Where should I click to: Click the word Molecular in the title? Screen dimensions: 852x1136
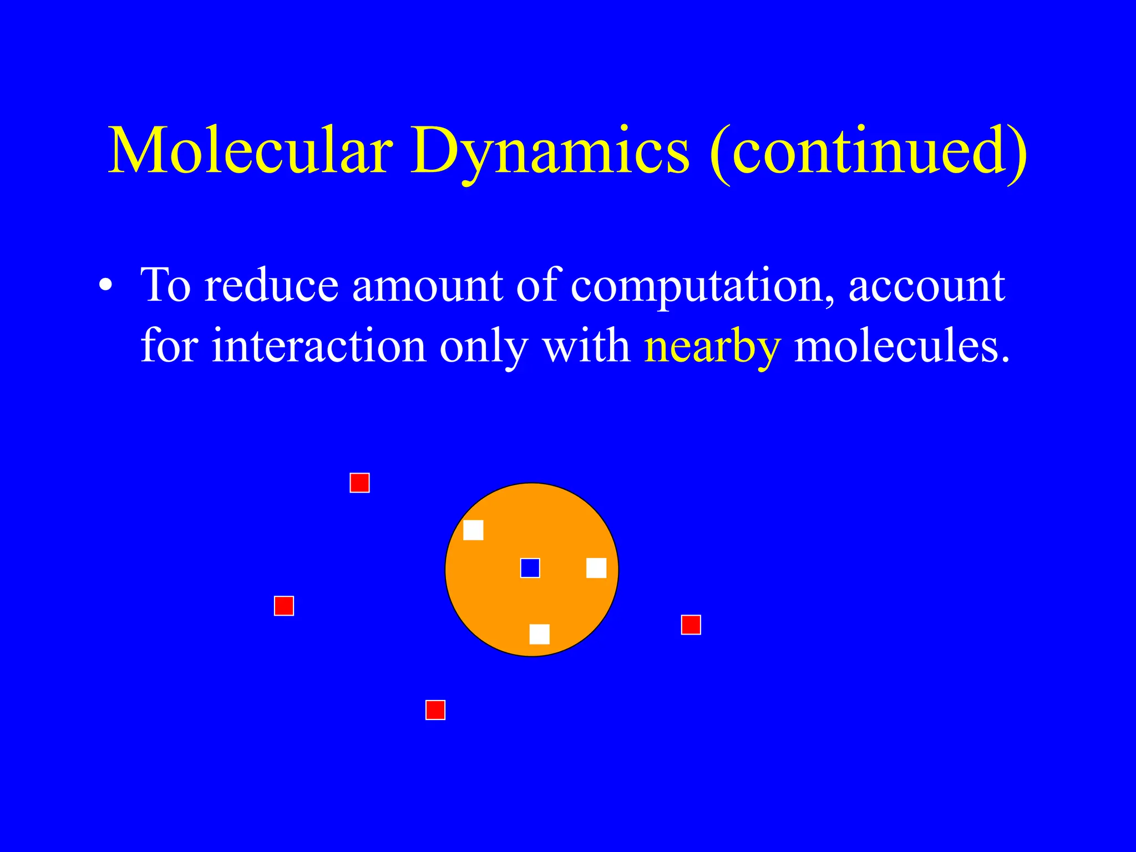(251, 151)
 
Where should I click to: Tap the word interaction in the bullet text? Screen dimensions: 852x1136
(319, 346)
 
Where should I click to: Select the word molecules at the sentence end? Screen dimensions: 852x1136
(902, 346)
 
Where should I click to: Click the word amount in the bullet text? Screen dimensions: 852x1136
(427, 286)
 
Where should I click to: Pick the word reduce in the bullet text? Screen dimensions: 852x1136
(272, 286)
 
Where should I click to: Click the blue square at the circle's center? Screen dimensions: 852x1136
(530, 568)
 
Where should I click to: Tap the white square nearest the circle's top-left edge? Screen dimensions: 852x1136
(473, 530)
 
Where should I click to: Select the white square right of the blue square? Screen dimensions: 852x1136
(596, 568)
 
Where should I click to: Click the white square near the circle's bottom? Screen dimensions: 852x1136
(539, 634)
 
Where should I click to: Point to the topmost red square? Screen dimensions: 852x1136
(359, 483)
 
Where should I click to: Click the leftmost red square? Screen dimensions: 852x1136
(284, 606)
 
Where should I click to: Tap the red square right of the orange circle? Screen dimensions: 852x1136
(691, 625)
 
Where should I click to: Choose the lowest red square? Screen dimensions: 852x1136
(435, 710)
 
